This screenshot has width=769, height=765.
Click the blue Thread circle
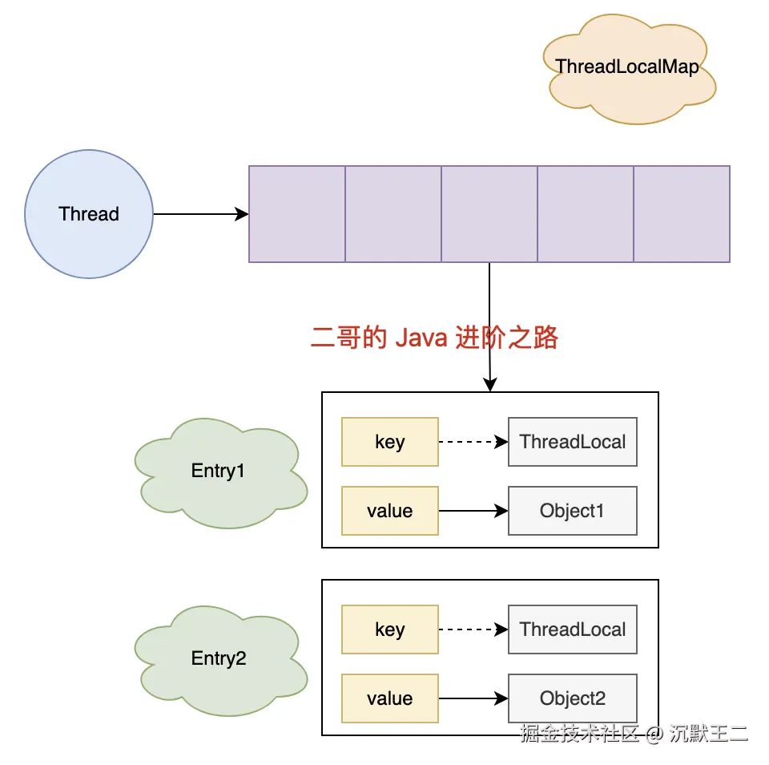click(89, 214)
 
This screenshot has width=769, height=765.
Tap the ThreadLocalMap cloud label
click(627, 67)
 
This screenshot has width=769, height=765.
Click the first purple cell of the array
click(297, 214)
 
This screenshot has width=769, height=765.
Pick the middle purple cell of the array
click(489, 214)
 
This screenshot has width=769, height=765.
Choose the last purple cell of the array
click(682, 214)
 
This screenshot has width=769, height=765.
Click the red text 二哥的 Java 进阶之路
click(434, 338)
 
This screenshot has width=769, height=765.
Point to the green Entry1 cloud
click(218, 471)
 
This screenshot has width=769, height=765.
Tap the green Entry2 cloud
click(218, 659)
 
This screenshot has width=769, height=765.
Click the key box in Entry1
click(390, 442)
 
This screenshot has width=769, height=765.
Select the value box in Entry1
click(390, 511)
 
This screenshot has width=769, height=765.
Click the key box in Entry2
click(390, 629)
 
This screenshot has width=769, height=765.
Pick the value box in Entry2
click(390, 698)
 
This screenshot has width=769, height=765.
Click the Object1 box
click(573, 511)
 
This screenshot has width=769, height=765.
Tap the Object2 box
click(573, 698)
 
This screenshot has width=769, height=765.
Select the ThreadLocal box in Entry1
click(573, 442)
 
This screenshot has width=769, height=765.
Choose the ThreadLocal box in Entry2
click(573, 629)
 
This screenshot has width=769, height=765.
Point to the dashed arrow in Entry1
click(473, 442)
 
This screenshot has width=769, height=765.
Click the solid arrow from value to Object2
click(473, 698)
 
